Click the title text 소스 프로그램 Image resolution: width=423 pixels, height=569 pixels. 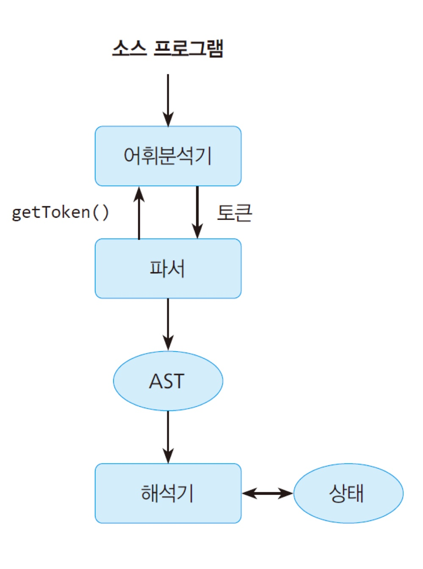(168, 48)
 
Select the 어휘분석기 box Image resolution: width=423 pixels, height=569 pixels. (168, 156)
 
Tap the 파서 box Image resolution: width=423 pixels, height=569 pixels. (168, 268)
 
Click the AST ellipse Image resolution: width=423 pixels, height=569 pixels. (168, 381)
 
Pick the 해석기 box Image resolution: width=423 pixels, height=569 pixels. (168, 493)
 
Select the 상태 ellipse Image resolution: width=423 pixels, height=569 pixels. (348, 493)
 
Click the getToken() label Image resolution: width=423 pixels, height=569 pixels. (60, 212)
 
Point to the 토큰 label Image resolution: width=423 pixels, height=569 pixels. (234, 212)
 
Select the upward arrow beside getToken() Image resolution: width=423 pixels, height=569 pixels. (139, 214)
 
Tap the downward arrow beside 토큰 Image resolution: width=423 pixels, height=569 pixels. (197, 212)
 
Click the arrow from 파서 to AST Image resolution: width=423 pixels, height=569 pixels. (168, 324)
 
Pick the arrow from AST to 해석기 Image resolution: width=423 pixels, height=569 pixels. (168, 437)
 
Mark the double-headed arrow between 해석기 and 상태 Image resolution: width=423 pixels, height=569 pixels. (267, 493)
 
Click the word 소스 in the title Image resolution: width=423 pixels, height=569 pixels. (129, 48)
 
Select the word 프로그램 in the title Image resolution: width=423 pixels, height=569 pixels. (188, 48)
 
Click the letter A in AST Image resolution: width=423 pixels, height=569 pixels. (155, 381)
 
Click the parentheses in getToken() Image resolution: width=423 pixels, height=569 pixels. (100, 212)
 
